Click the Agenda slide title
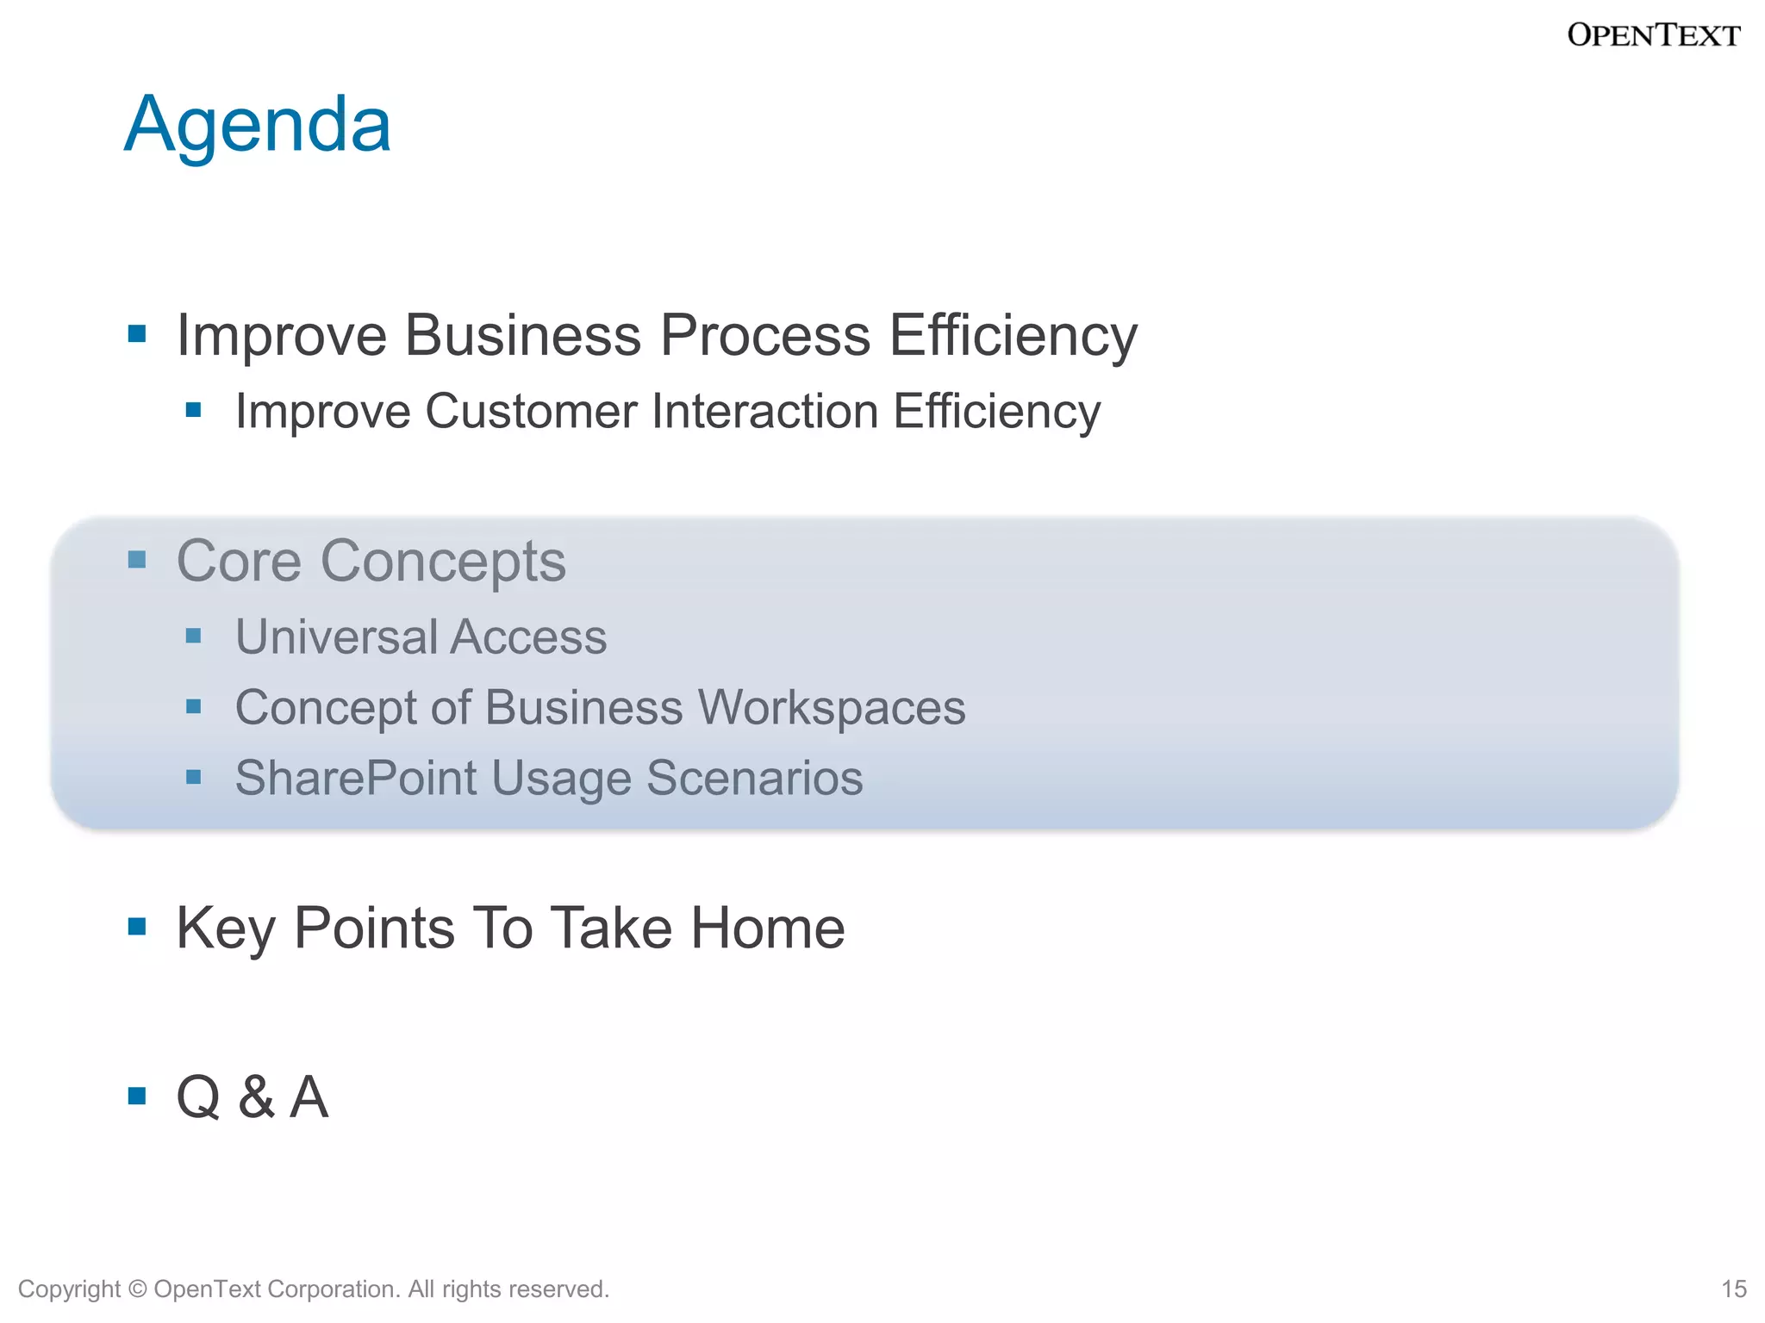tap(257, 126)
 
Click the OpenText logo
tap(1653, 35)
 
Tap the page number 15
tap(1733, 1289)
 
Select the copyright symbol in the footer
tap(137, 1289)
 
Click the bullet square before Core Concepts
tap(137, 561)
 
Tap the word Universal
tap(336, 637)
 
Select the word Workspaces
tap(831, 708)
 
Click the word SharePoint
tap(356, 779)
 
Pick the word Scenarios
tap(754, 779)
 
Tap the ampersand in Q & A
tap(256, 1097)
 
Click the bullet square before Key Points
tap(137, 927)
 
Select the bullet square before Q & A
tap(137, 1096)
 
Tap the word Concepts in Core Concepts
tap(443, 562)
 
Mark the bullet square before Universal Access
tap(194, 637)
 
